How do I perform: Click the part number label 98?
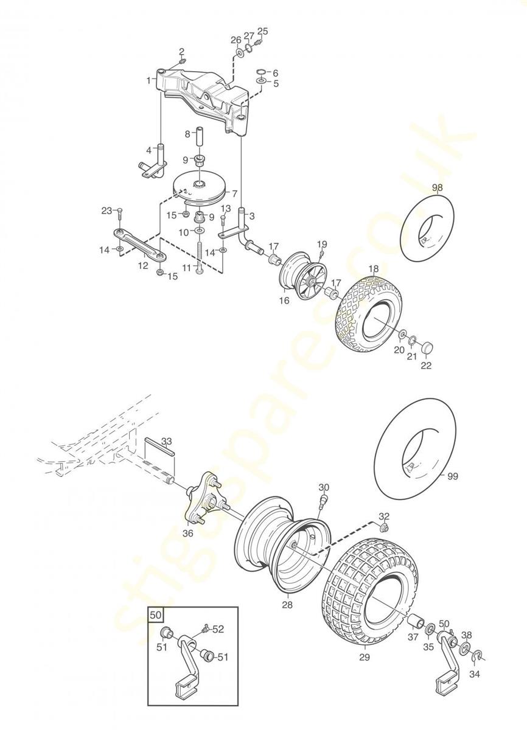[438, 188]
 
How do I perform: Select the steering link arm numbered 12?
[141, 245]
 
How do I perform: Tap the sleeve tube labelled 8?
[199, 138]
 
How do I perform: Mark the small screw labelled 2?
[183, 61]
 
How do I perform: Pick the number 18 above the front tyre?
[374, 268]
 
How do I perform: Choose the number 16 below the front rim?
[284, 300]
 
